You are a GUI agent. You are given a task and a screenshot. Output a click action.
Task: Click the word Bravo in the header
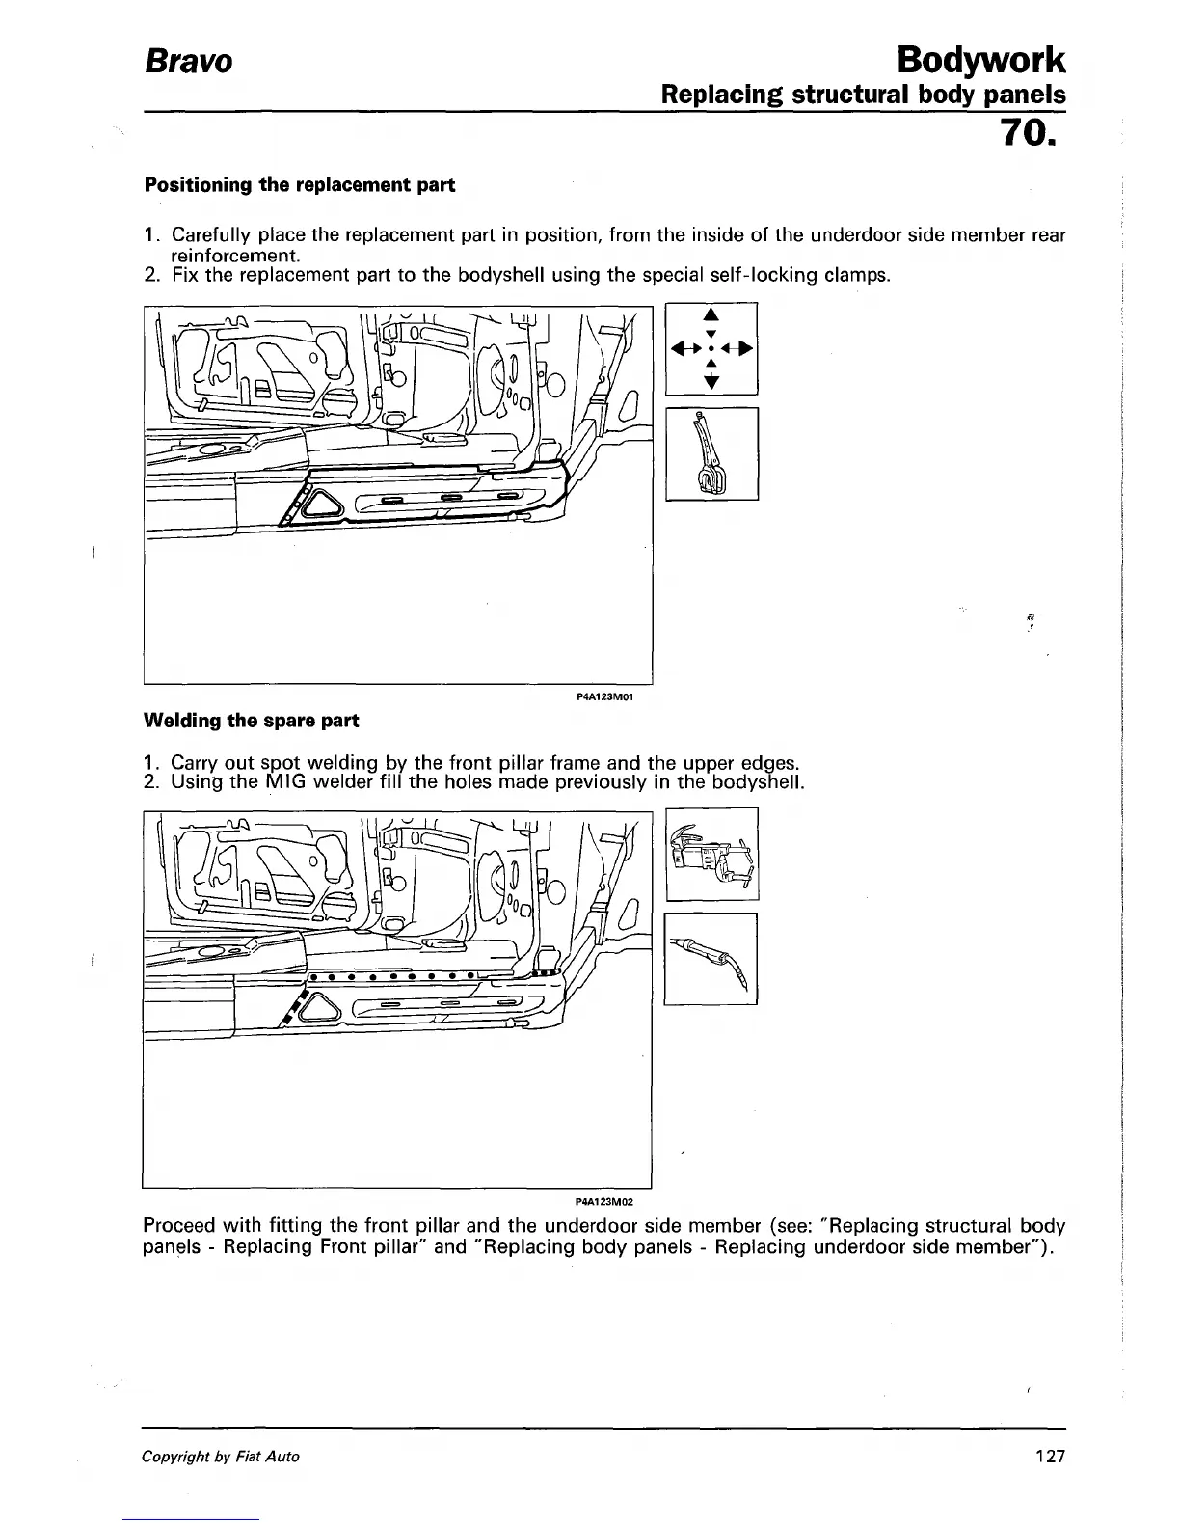188,62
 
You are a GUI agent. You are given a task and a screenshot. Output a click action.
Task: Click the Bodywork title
980,60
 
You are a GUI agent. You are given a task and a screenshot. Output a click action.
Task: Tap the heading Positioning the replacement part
299,184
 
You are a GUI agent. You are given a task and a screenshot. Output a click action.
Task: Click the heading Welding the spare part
251,720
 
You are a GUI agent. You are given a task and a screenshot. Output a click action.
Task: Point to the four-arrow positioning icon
711,347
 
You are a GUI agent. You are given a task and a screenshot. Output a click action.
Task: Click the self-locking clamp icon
711,453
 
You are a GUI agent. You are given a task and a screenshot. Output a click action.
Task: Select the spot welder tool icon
711,855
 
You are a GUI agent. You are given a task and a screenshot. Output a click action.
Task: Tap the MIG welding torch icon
711,959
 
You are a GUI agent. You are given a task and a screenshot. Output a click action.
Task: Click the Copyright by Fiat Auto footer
221,1457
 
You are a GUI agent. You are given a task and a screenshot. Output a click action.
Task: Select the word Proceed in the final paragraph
179,1226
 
